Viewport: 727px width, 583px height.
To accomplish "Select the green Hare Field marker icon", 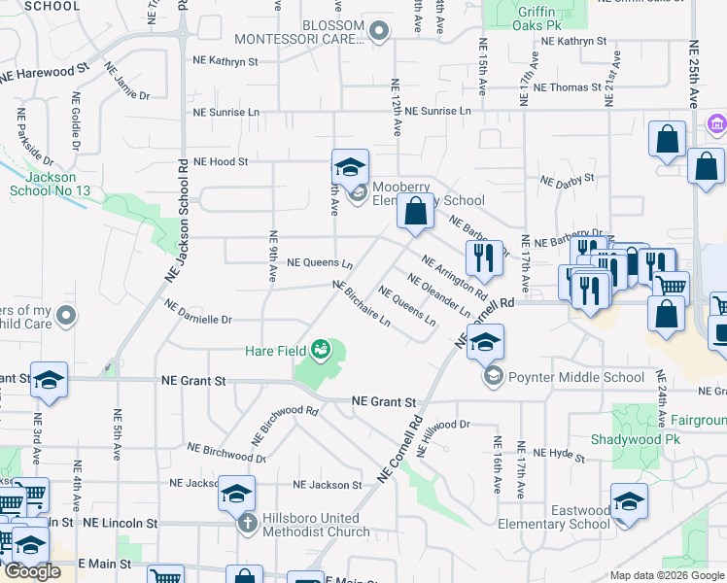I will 320,349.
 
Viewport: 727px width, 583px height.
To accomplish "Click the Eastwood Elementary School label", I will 567,517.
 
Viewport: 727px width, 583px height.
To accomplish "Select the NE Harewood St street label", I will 45,71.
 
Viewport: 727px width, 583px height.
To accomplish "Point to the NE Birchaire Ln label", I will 362,303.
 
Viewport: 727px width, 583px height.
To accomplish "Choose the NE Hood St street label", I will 221,161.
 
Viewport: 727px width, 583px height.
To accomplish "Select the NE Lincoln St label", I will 120,523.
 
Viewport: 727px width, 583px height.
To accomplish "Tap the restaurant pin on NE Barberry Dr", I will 483,259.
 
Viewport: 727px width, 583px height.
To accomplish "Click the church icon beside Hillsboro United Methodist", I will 248,525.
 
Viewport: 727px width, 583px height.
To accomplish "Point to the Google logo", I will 32,571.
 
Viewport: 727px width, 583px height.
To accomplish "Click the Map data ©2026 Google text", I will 666,575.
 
